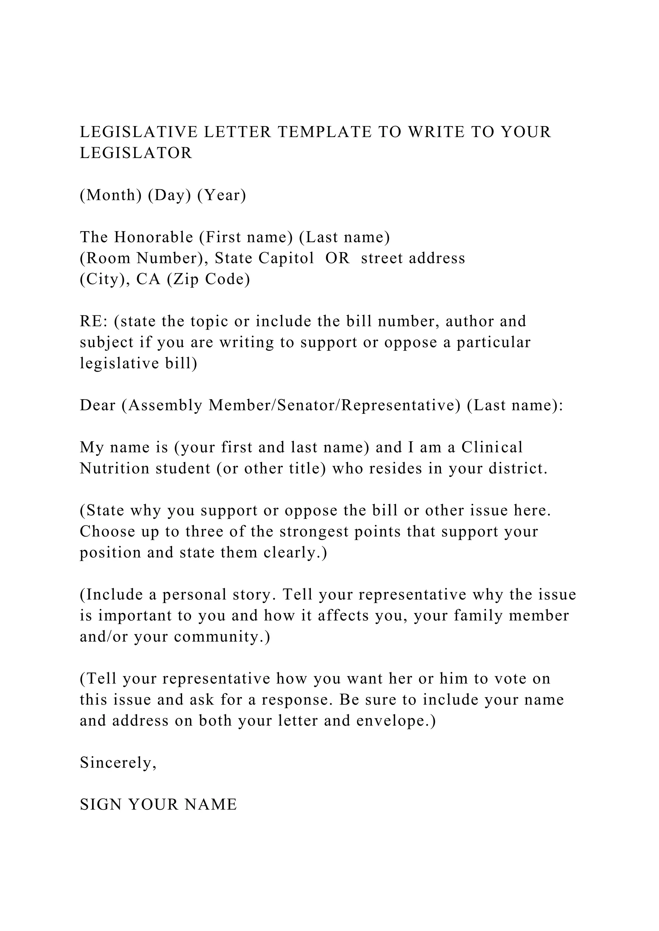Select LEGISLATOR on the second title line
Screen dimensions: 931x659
pyautogui.click(x=136, y=153)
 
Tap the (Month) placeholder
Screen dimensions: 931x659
pyautogui.click(x=111, y=195)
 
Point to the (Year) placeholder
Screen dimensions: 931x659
pyautogui.click(x=222, y=195)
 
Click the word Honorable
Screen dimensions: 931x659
pyautogui.click(x=153, y=237)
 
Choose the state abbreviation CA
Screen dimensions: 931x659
pyautogui.click(x=149, y=279)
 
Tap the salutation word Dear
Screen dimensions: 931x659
pyautogui.click(x=97, y=405)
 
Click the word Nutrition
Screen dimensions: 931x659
pyautogui.click(x=115, y=469)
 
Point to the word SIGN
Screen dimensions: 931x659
pyautogui.click(x=100, y=805)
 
